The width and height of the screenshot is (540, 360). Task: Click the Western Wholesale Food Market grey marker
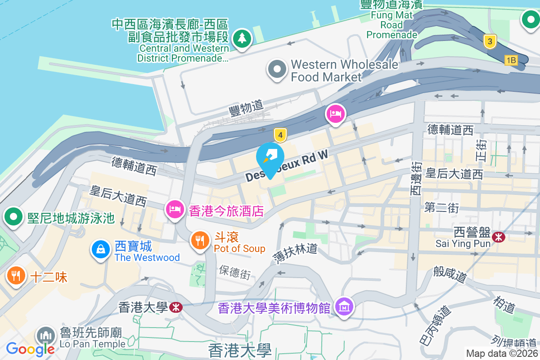point(277,70)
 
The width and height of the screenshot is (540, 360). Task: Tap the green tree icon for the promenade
point(242,38)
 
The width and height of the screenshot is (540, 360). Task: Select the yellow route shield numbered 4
point(280,135)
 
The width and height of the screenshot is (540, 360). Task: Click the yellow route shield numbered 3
point(490,42)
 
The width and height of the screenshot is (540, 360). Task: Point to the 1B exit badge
point(511,60)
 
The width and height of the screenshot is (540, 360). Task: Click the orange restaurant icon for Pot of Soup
point(200,241)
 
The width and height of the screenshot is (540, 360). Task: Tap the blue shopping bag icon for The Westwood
point(101,249)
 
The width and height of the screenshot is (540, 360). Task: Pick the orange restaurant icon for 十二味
point(17,275)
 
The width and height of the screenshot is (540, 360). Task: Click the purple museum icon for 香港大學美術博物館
point(344,307)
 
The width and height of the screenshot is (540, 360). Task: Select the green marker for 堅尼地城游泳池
point(14,217)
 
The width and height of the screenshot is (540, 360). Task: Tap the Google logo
point(30,349)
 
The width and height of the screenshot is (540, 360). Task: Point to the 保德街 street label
point(234,271)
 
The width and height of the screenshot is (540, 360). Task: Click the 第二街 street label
point(441,208)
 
